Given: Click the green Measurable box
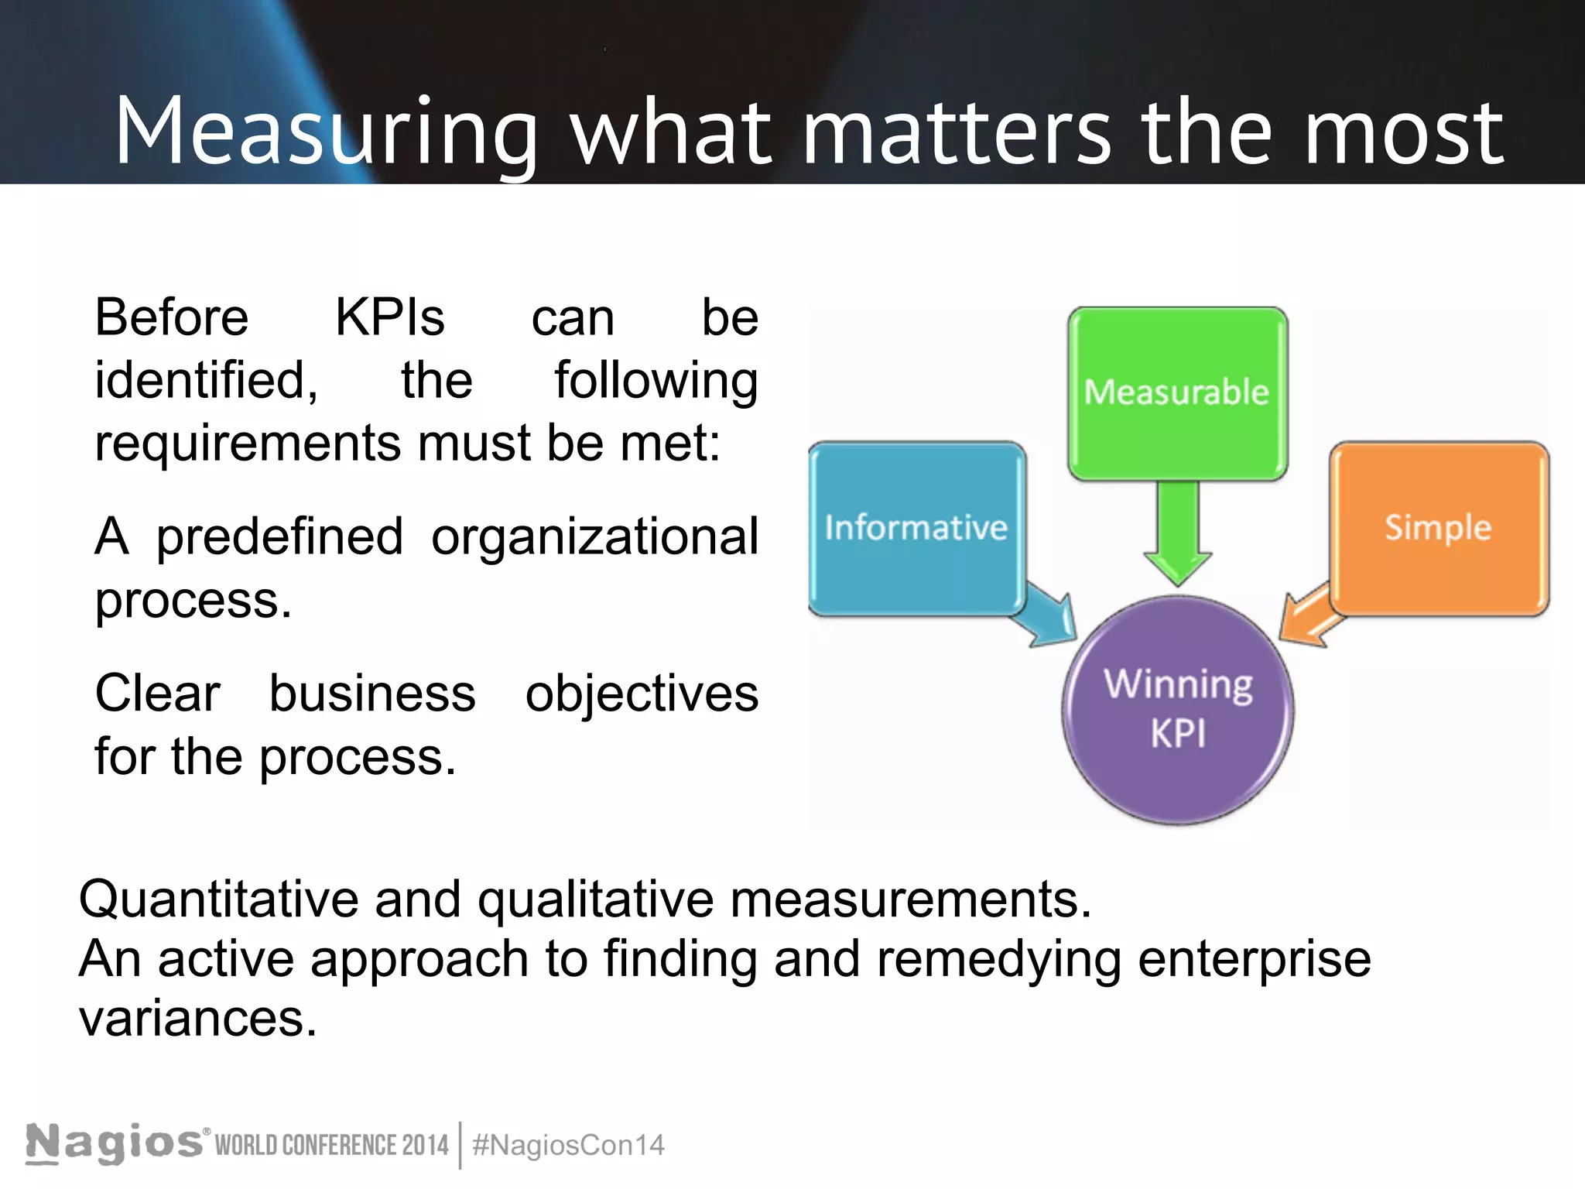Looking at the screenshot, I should (x=1177, y=393).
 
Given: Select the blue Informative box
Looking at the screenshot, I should (x=916, y=529).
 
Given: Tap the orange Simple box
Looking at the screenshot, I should (x=1439, y=529).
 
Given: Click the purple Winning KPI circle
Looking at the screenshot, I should (x=1178, y=710).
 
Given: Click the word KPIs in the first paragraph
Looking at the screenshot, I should (x=389, y=318).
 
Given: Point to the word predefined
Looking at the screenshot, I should (x=279, y=537).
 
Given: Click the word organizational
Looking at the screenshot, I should (x=594, y=537).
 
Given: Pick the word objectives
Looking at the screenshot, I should (x=642, y=694).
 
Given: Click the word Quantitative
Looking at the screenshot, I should (x=218, y=899).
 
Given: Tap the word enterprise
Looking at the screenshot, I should (x=1255, y=960).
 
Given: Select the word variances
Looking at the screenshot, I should (x=198, y=1019).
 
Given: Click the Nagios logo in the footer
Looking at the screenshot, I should (x=115, y=1143).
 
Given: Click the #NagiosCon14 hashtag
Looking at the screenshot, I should (x=568, y=1146).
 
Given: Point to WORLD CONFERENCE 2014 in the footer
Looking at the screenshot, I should (x=332, y=1146).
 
